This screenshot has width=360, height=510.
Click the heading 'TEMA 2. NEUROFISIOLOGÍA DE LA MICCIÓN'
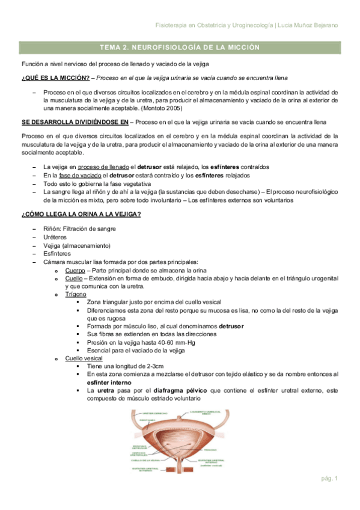click(x=180, y=47)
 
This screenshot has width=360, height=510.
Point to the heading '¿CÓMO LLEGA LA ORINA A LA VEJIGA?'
click(x=81, y=215)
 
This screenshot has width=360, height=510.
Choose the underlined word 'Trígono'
click(x=76, y=294)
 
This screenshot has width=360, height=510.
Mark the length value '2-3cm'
click(x=154, y=366)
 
